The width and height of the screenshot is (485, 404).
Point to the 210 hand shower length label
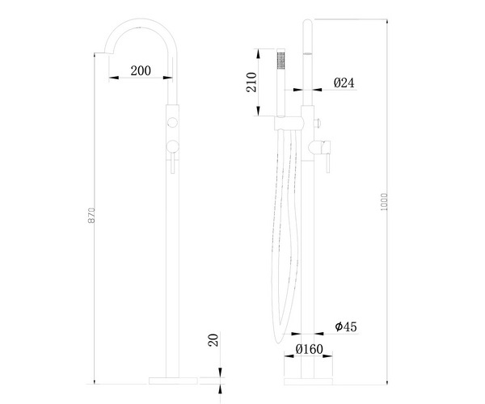[251, 82]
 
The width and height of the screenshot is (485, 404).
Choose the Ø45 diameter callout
[346, 327]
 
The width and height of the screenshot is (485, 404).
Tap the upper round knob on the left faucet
[171, 123]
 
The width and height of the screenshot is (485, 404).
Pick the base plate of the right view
[308, 377]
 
